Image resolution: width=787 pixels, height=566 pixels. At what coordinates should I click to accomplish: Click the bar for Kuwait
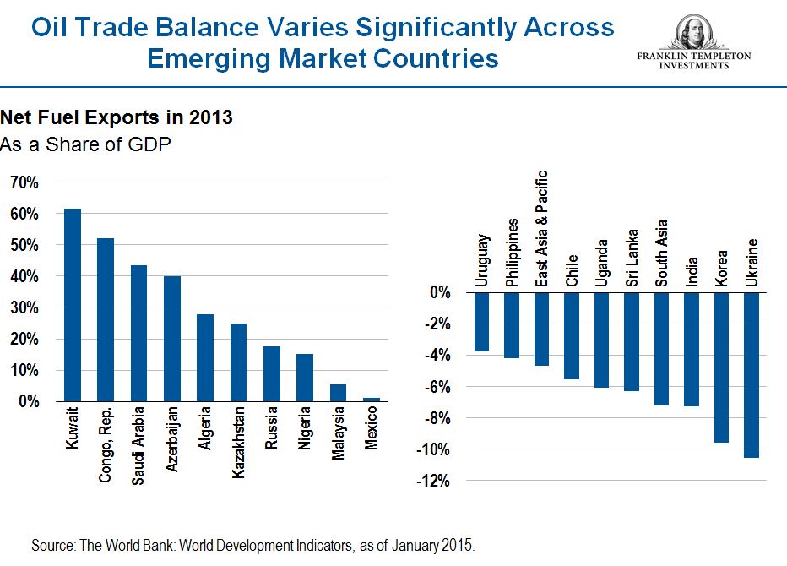tap(73, 305)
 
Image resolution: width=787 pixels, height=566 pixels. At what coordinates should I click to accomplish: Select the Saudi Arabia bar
tap(139, 334)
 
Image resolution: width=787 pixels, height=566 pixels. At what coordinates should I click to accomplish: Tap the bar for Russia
tap(272, 373)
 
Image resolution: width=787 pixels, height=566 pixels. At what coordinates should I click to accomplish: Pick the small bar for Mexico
tap(372, 399)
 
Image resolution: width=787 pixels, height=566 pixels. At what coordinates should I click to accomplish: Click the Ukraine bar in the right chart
tap(752, 375)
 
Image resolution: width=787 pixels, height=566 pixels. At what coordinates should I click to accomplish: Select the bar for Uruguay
tap(481, 322)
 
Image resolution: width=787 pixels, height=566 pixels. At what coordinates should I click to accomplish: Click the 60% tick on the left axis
tap(25, 214)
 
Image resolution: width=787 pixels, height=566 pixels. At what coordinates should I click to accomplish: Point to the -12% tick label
tap(433, 482)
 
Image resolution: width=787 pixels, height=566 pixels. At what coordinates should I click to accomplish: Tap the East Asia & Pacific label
tap(543, 229)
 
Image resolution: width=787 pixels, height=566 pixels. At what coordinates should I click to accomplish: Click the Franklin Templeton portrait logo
tap(693, 30)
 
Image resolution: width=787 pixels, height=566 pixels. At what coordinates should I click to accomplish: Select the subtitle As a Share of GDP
tap(86, 144)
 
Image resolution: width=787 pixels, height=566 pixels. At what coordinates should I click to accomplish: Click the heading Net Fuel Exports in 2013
tap(117, 118)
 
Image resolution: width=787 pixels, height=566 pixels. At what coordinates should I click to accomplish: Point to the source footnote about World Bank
tap(253, 546)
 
